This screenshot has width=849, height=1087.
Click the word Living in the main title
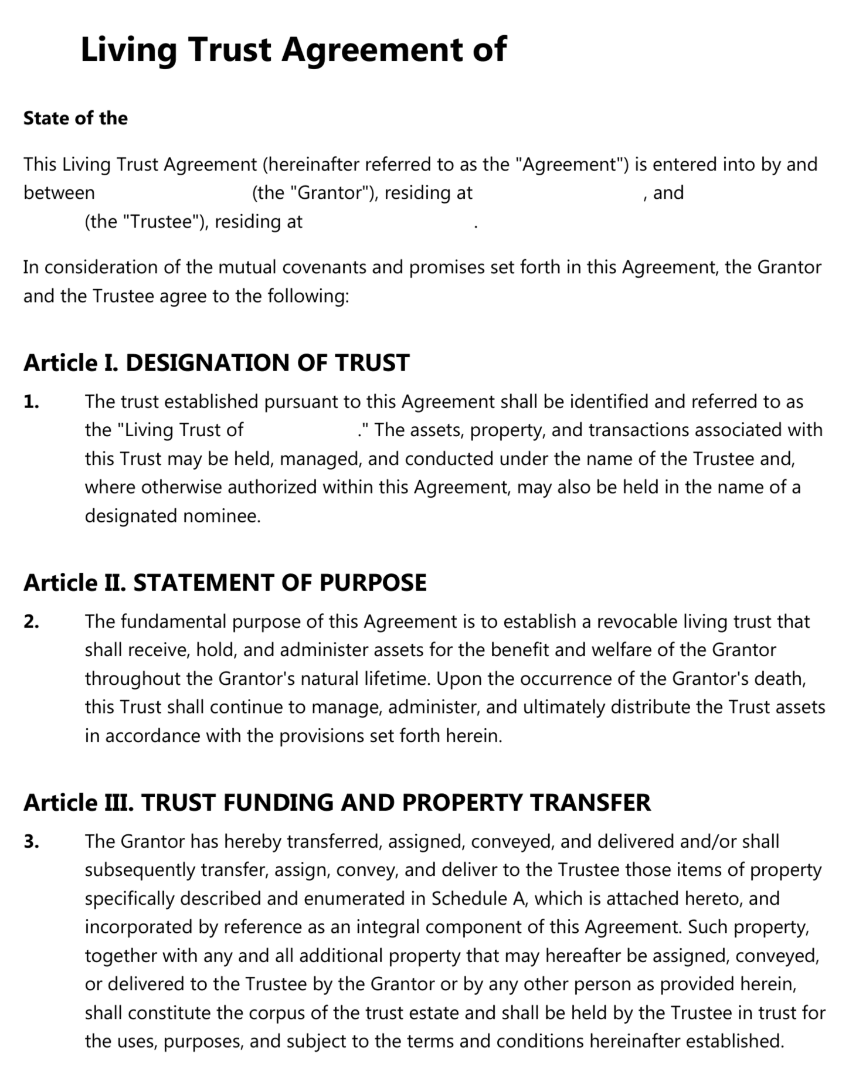pos(128,49)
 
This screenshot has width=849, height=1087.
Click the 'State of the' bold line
pos(75,118)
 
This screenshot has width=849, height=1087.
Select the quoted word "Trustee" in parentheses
pos(161,222)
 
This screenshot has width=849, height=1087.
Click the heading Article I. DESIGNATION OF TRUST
pos(216,363)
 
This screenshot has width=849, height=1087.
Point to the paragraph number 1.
pos(31,402)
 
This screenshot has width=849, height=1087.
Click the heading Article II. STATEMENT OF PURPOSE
pos(225,583)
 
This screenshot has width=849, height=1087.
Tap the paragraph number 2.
pos(31,621)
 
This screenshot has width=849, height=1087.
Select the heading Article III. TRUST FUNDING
pos(337,803)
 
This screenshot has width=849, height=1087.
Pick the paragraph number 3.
pos(31,841)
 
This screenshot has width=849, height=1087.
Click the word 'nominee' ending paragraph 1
pos(221,516)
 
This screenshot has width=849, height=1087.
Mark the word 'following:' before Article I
pos(308,296)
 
